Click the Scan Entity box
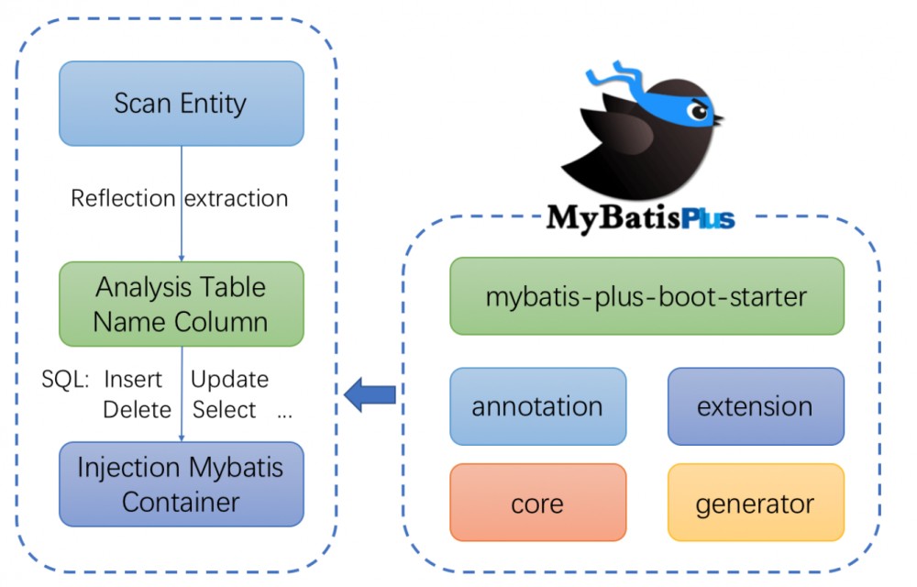[181, 103]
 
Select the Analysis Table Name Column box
[181, 304]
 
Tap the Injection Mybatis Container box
[181, 484]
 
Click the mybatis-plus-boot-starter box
[646, 296]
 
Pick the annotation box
[537, 406]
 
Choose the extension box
[755, 406]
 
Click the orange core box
[537, 503]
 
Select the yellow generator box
[755, 503]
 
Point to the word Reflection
[123, 198]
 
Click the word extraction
[237, 198]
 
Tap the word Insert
[133, 379]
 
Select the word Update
[229, 379]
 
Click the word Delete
[137, 409]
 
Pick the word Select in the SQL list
[225, 409]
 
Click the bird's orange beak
[718, 119]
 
